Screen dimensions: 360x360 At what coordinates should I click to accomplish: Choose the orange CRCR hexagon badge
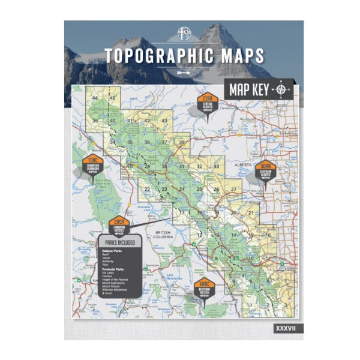[119, 226]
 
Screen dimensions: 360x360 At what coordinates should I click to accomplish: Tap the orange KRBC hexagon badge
[204, 286]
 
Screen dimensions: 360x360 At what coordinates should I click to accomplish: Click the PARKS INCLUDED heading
[120, 243]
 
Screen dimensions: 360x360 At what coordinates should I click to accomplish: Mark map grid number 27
[234, 189]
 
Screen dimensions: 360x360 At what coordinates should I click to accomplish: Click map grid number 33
[217, 166]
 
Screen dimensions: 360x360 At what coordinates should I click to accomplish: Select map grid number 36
[147, 142]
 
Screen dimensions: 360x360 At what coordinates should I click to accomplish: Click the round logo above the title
[184, 33]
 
